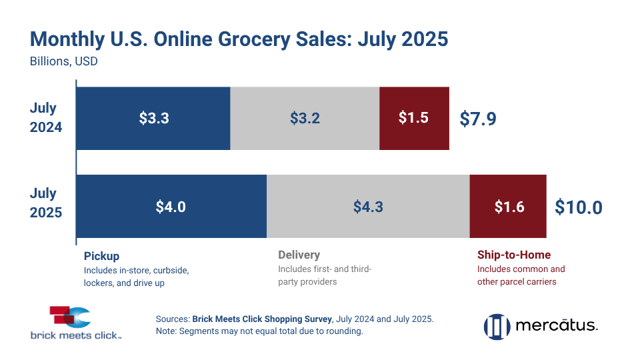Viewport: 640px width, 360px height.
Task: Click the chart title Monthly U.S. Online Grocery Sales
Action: tap(239, 39)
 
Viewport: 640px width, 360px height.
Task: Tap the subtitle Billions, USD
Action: tap(64, 62)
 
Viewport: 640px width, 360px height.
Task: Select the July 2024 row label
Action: tap(46, 117)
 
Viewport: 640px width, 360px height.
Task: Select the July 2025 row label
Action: tap(46, 203)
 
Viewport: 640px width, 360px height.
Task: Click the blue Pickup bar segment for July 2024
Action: tap(153, 118)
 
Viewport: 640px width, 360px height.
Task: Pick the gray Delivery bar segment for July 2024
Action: tap(305, 118)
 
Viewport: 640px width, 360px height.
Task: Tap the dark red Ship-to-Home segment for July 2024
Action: tap(414, 118)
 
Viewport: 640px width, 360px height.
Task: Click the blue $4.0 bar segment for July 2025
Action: tap(171, 206)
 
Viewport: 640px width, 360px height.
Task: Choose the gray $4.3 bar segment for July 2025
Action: tap(368, 206)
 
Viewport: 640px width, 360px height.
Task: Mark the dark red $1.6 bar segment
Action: tap(509, 206)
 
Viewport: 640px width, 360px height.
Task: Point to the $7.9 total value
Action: tap(478, 119)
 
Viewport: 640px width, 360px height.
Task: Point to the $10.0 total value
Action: tap(578, 207)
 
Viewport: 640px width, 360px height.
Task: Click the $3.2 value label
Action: tap(305, 118)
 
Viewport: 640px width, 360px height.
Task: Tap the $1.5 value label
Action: tap(413, 118)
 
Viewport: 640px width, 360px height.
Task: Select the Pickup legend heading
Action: tap(101, 255)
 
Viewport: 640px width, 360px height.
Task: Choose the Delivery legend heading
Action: tap(299, 255)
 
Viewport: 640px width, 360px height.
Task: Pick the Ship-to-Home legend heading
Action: tap(514, 255)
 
